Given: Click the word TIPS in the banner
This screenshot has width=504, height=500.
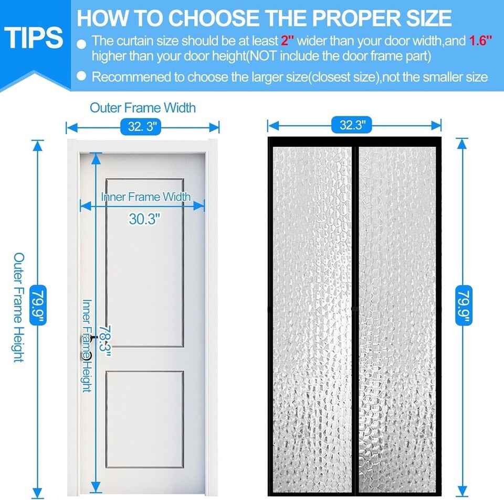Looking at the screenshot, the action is (34, 38).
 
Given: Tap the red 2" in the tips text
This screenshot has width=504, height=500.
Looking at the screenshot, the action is (288, 41).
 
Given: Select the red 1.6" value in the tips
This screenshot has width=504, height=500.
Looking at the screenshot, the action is (480, 41).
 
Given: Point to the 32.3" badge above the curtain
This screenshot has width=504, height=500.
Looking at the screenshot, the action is (352, 125).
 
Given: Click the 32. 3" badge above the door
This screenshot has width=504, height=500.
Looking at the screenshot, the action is (141, 126).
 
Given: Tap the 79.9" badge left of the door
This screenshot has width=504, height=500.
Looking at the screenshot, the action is (38, 305).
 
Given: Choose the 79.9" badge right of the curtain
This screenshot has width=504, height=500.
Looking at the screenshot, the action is (464, 305).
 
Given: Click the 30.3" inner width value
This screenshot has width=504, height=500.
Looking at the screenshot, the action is (144, 219).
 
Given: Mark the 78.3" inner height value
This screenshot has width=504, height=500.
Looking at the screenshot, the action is (105, 341).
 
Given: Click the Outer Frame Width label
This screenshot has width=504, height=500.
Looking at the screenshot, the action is (143, 108).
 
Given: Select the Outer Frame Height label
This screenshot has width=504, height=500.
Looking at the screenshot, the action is (19, 308).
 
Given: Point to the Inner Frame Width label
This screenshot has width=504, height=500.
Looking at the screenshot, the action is (146, 197).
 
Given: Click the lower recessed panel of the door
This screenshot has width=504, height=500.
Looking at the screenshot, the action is (145, 419).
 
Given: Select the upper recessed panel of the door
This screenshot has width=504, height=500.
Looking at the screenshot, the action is (145, 263).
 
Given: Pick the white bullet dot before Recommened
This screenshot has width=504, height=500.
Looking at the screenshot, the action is (82, 76).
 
